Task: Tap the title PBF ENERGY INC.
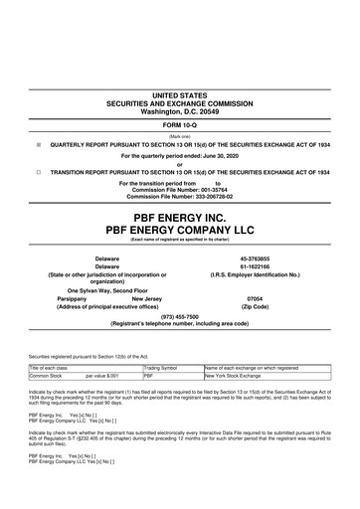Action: (179, 214)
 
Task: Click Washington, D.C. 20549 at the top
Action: (179, 112)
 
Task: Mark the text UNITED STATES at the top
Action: (179, 95)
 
